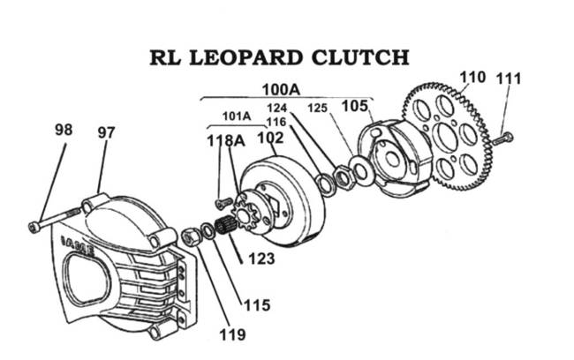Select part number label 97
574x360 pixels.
[106, 132]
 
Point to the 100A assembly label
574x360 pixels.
[281, 88]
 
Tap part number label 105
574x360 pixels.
[356, 106]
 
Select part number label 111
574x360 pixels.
[508, 79]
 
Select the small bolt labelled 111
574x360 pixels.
[503, 137]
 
